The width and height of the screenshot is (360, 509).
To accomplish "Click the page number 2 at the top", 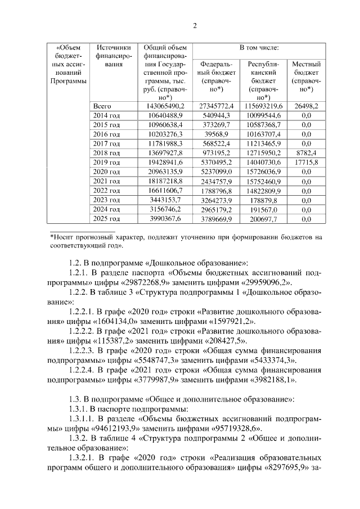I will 195,25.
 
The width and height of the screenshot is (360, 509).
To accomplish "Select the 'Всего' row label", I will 102,106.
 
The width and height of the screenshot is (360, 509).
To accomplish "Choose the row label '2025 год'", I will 106,218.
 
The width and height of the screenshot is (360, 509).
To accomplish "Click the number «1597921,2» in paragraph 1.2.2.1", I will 217,321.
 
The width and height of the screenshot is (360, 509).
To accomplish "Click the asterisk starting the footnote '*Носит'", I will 52,238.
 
